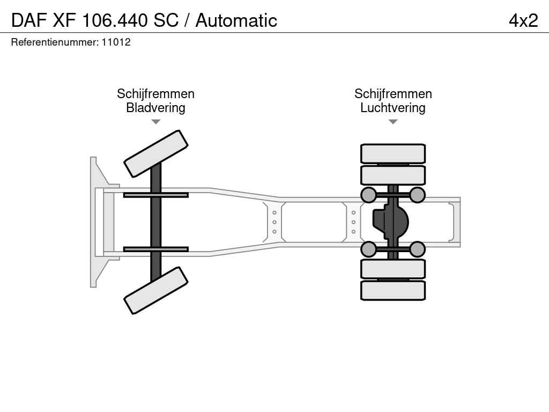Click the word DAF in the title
(29, 20)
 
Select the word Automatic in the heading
(236, 20)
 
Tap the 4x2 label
(523, 20)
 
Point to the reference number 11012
(116, 42)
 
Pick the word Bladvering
(155, 107)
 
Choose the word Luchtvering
(393, 107)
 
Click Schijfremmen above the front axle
(155, 93)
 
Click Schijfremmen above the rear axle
(393, 93)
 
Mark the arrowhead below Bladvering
(155, 122)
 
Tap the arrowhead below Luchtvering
(393, 122)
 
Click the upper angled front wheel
(156, 154)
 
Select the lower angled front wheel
(156, 290)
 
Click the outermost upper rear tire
(393, 153)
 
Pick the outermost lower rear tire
(393, 290)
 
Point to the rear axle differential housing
(391, 222)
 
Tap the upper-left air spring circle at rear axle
(369, 195)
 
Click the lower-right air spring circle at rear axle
(417, 249)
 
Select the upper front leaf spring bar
(156, 195)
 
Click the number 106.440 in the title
(115, 20)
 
